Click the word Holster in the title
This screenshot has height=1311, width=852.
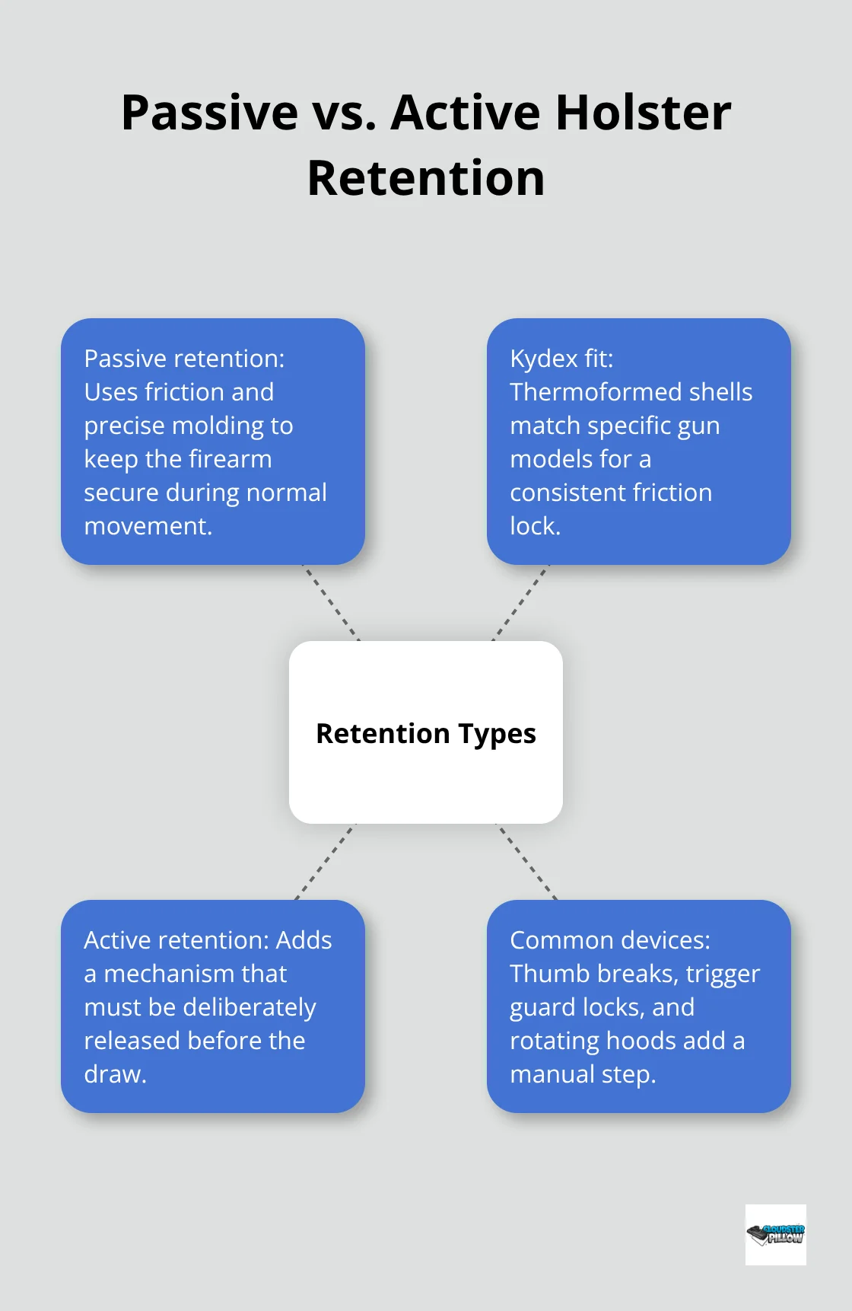pos(643,113)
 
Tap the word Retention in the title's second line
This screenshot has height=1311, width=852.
pos(426,178)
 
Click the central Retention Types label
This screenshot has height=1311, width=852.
pos(426,733)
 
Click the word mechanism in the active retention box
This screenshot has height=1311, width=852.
pos(195,974)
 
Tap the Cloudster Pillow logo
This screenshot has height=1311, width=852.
pos(775,1234)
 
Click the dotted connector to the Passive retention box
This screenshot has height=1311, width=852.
pos(332,603)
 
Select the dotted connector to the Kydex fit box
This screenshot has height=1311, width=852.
pos(520,603)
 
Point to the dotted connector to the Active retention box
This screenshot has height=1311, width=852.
pos(325,862)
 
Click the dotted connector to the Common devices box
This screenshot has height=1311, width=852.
pos(527,862)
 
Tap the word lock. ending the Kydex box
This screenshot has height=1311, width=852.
pos(535,526)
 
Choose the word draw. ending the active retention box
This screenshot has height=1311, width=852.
pos(115,1074)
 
